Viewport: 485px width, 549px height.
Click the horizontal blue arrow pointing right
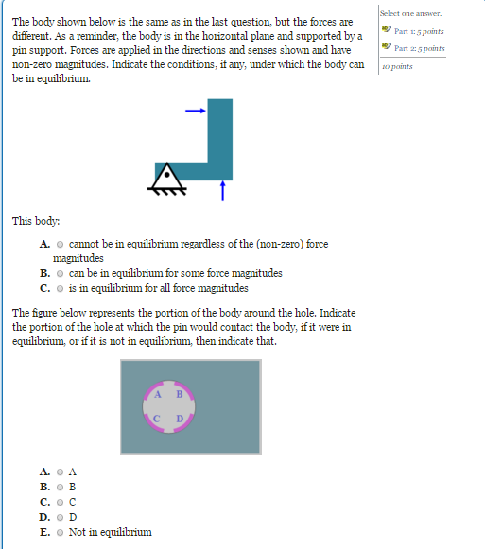pos(195,111)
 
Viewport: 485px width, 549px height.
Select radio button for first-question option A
pos(61,244)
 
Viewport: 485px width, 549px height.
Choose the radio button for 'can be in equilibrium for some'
pos(61,274)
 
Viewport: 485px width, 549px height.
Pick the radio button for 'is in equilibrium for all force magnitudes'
pos(61,288)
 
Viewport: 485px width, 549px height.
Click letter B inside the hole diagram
pos(178,394)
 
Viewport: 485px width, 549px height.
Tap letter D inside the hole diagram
pos(179,417)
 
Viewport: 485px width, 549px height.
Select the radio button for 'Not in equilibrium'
pos(60,532)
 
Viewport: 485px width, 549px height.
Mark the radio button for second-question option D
pos(60,517)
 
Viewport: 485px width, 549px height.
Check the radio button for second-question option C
pos(60,502)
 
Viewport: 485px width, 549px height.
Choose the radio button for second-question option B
pos(60,487)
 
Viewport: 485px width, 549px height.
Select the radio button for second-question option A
pos(60,471)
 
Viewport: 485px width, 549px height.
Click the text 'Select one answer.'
pos(410,13)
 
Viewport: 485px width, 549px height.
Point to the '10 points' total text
pos(398,67)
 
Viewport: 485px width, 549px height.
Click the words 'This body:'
pos(35,221)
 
